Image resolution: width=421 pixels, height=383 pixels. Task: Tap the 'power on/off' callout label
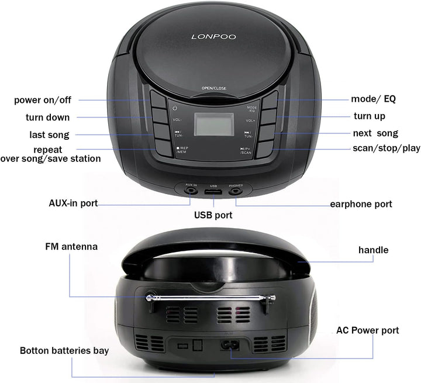pyautogui.click(x=43, y=100)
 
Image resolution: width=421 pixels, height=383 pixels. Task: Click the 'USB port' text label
pyautogui.click(x=213, y=215)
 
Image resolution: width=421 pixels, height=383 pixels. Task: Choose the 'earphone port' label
pyautogui.click(x=361, y=204)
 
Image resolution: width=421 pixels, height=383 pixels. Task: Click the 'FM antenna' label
pyautogui.click(x=71, y=247)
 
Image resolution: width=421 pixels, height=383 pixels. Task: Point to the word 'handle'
pyautogui.click(x=373, y=250)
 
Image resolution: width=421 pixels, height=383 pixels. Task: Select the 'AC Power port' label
pyautogui.click(x=367, y=330)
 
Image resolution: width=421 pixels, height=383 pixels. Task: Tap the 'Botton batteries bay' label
pyautogui.click(x=64, y=351)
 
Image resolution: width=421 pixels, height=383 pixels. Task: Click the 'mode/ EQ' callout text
pyautogui.click(x=373, y=99)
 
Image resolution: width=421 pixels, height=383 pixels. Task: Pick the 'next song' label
pyautogui.click(x=375, y=133)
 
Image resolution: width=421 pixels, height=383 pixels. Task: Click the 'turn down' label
pyautogui.click(x=47, y=118)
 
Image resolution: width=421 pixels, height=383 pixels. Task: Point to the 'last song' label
pyautogui.click(x=49, y=135)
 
